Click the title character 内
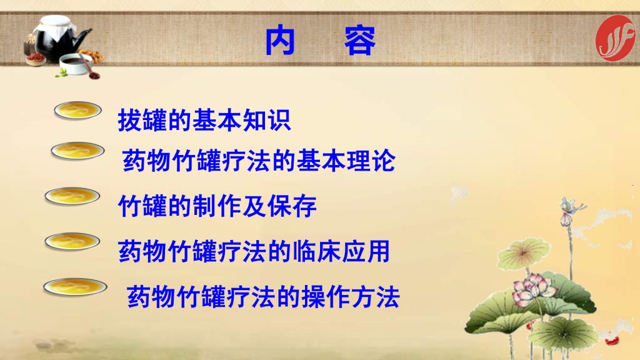coord(280,41)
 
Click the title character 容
coord(359,41)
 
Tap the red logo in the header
coord(616,38)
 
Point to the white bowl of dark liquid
coord(76,63)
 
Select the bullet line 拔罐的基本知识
coord(204,120)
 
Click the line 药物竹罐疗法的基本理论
coord(259,161)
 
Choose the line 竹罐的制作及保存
coord(217,206)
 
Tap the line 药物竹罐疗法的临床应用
coord(254,251)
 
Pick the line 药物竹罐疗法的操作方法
coord(263,296)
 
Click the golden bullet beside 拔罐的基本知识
coord(77,110)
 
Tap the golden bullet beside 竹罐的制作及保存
coord(72,196)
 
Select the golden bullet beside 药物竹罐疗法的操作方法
coord(75,286)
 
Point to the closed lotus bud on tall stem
coord(565,219)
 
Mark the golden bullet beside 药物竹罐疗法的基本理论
coord(77,151)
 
